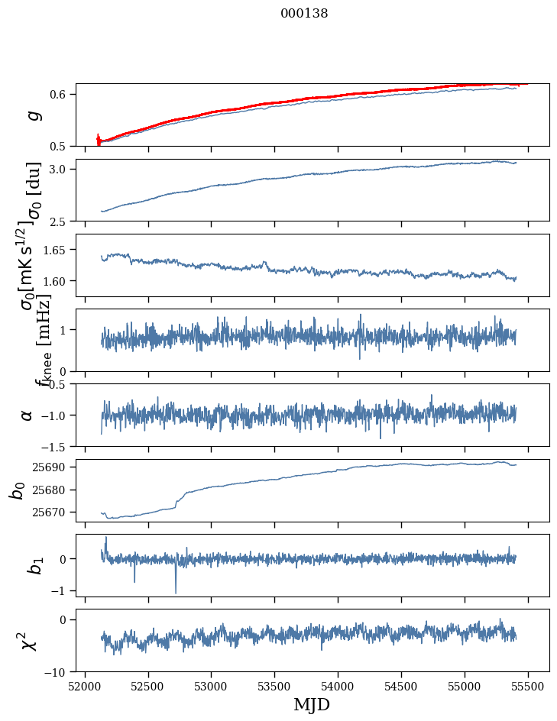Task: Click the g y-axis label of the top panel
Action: coord(33,115)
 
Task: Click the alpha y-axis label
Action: coord(27,415)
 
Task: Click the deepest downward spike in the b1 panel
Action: coord(176,592)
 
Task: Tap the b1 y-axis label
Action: coord(34,565)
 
